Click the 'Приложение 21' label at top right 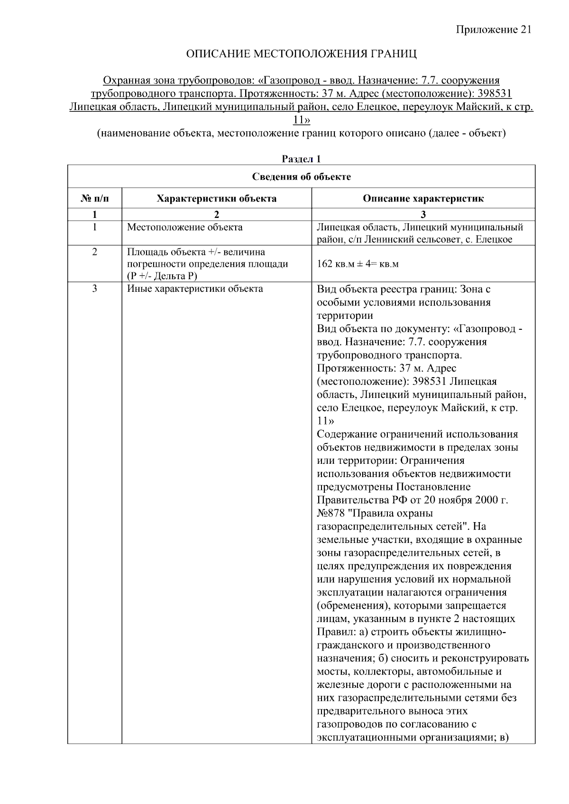tap(494, 30)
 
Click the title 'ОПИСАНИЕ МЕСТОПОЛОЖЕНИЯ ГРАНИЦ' tap(301, 54)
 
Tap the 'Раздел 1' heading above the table tap(301, 159)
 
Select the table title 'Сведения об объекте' tap(301, 177)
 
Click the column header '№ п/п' tap(94, 199)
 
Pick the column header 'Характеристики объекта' tap(217, 199)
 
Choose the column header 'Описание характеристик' tap(423, 199)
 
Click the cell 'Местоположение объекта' tap(184, 227)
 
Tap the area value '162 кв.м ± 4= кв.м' tap(358, 264)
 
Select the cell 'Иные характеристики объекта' tap(195, 289)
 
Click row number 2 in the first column tap(94, 252)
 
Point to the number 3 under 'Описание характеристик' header tap(423, 214)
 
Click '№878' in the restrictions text tap(331, 513)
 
